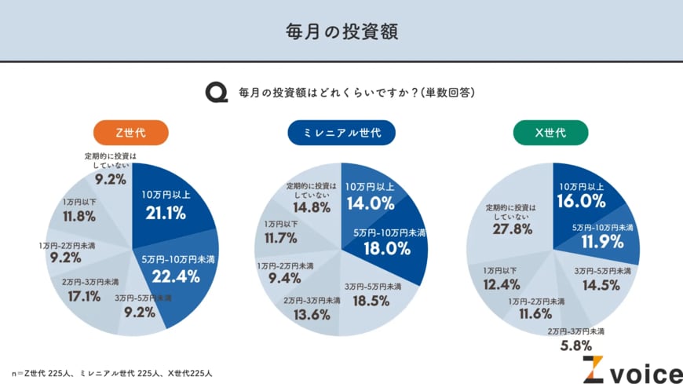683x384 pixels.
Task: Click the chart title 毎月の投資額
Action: tap(341, 31)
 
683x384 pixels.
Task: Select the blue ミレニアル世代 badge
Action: tap(341, 132)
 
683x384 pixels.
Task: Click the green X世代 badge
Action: tap(550, 132)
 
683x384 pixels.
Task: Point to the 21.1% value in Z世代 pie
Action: tap(165, 212)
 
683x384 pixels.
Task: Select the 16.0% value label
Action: tap(582, 200)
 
